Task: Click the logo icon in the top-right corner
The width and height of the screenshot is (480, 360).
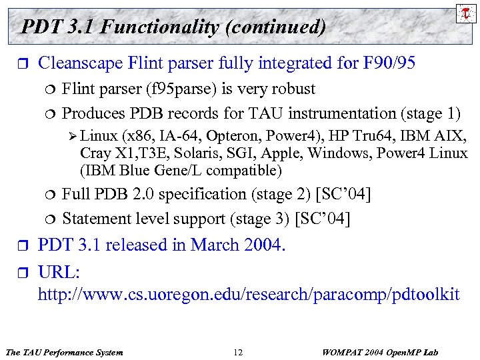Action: pyautogui.click(x=465, y=13)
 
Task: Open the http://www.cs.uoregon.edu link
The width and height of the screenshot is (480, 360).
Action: pyautogui.click(x=248, y=294)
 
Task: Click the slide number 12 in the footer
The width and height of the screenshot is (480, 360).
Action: pyautogui.click(x=239, y=351)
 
